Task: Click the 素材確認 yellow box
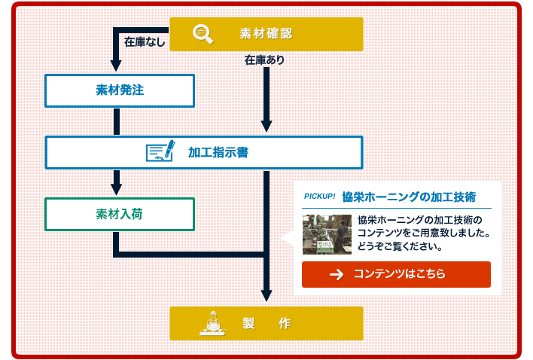(266, 34)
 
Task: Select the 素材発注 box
(120, 90)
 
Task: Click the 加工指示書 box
(204, 152)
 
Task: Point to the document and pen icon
(160, 151)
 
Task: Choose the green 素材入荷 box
(120, 214)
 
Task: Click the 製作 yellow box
(266, 323)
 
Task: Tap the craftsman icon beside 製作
(212, 323)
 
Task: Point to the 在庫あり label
(264, 59)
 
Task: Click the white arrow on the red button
(337, 275)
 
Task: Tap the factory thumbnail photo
(327, 234)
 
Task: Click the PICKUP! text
(319, 197)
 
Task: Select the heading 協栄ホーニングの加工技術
(409, 197)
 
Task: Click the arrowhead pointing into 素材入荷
(116, 188)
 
